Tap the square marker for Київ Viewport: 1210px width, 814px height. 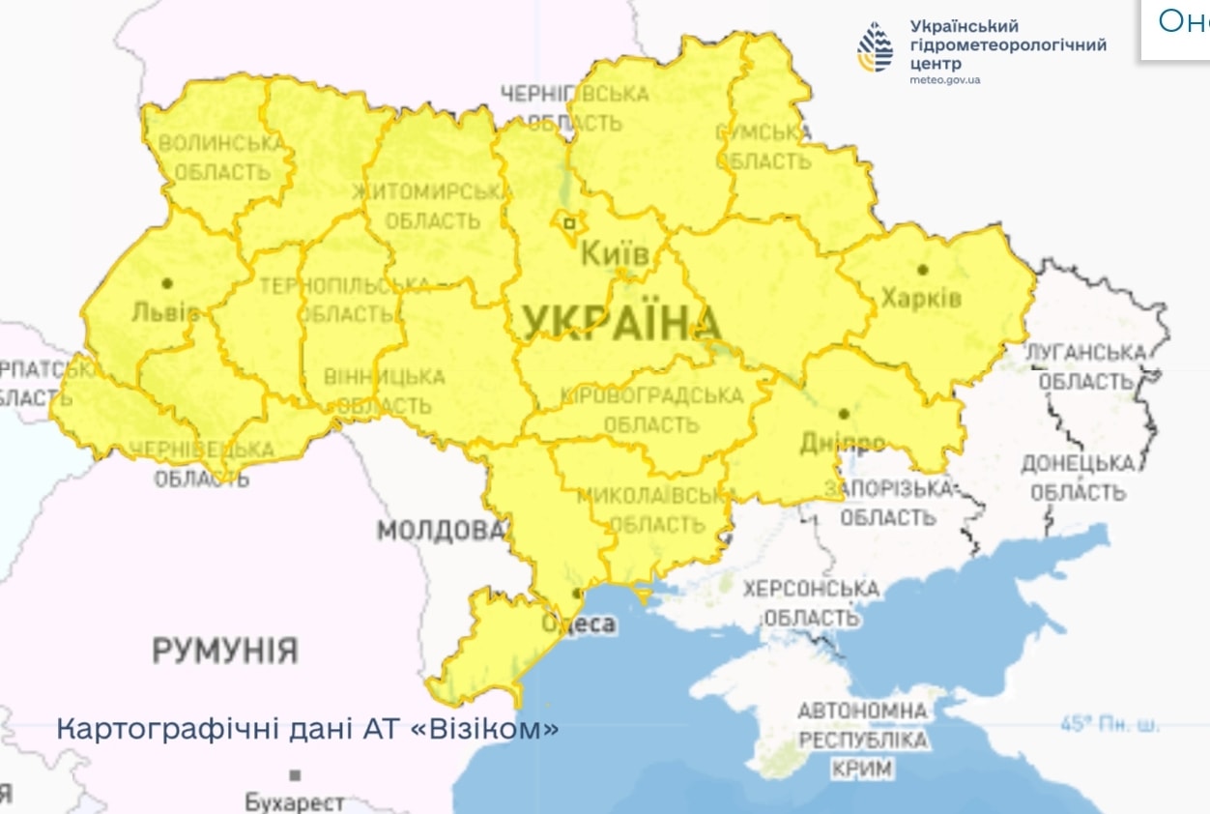(569, 223)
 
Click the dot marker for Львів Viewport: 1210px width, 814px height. (167, 283)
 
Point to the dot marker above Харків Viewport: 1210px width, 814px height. (923, 270)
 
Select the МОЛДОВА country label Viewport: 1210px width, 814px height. (441, 531)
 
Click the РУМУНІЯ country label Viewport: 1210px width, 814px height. (224, 651)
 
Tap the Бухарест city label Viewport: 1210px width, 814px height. (294, 801)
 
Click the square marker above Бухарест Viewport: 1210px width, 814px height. (295, 774)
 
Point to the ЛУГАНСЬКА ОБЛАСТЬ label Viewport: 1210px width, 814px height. (1085, 367)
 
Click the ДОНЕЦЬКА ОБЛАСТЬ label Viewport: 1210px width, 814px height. (1078, 479)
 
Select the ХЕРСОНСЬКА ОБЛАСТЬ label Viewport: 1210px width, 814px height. (811, 602)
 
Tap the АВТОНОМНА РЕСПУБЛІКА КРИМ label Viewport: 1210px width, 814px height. (862, 740)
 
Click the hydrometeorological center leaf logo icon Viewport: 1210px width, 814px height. (876, 48)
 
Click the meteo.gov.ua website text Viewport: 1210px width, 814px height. (944, 79)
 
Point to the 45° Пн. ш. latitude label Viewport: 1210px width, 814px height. (1109, 723)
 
